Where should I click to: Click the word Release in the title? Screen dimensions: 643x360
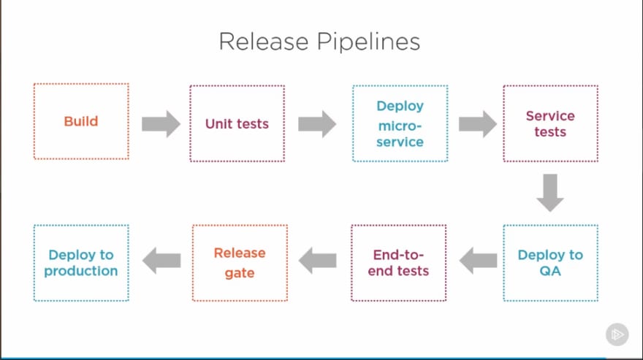[264, 42]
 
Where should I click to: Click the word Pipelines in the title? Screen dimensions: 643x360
[369, 42]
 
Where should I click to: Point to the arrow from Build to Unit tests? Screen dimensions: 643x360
[161, 124]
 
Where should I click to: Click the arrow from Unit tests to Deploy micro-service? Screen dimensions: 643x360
[317, 124]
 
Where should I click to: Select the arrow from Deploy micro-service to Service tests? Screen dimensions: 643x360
[478, 124]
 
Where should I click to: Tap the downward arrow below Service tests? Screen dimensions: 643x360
[550, 193]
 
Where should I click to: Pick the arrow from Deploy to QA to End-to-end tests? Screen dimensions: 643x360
[478, 261]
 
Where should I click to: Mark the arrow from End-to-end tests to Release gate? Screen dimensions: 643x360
[317, 261]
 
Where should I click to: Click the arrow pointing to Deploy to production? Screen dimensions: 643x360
[161, 261]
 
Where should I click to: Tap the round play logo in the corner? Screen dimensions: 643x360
[617, 334]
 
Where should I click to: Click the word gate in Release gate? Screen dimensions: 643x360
[240, 273]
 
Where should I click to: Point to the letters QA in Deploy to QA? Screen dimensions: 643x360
[550, 271]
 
